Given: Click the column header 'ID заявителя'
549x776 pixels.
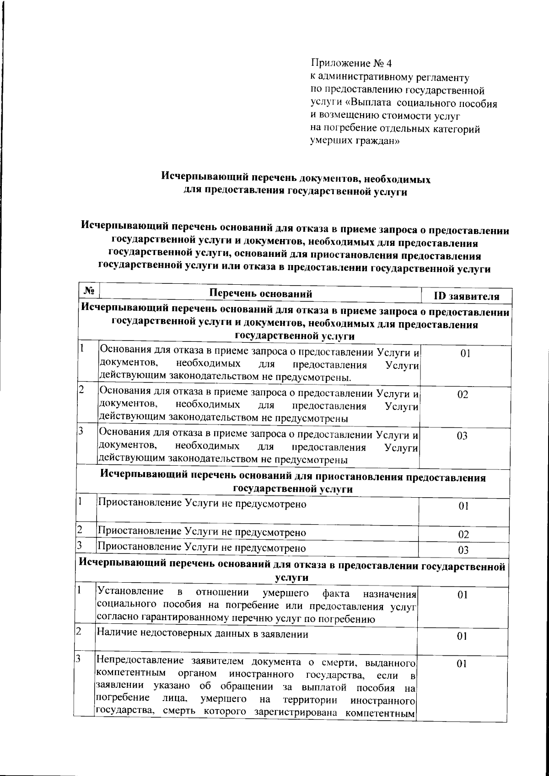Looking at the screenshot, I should [x=466, y=297].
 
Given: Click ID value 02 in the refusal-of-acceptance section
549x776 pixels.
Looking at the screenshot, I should [x=463, y=395].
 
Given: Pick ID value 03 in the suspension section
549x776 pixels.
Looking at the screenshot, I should [x=463, y=550].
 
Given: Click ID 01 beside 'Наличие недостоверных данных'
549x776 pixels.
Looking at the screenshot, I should [x=462, y=637].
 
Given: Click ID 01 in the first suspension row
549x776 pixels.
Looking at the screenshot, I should [x=463, y=507].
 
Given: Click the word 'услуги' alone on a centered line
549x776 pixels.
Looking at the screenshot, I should [x=292, y=578].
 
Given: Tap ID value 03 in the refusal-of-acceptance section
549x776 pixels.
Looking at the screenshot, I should [x=462, y=436].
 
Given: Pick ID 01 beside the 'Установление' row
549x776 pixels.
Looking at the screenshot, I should [x=463, y=595].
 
